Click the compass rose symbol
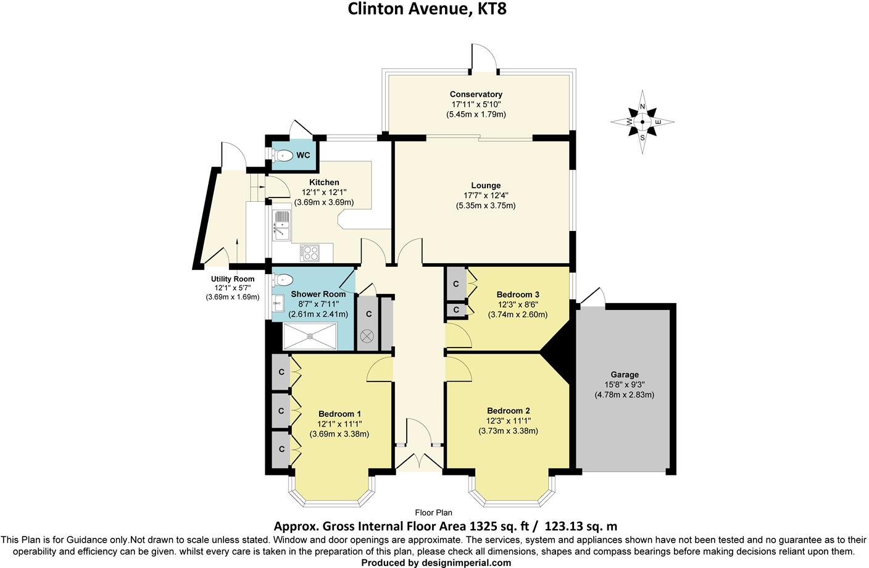(x=642, y=122)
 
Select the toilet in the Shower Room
(x=281, y=280)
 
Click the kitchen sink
(x=281, y=225)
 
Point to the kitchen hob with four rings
(x=310, y=252)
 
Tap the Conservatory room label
(x=476, y=94)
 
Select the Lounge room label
(x=486, y=185)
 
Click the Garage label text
(x=625, y=375)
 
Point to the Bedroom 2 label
(x=508, y=411)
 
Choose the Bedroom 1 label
(x=339, y=414)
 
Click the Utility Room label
(x=232, y=279)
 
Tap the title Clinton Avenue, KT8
(x=427, y=9)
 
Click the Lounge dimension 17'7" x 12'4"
(x=486, y=196)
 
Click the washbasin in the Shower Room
(x=278, y=302)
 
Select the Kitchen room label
(x=324, y=182)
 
